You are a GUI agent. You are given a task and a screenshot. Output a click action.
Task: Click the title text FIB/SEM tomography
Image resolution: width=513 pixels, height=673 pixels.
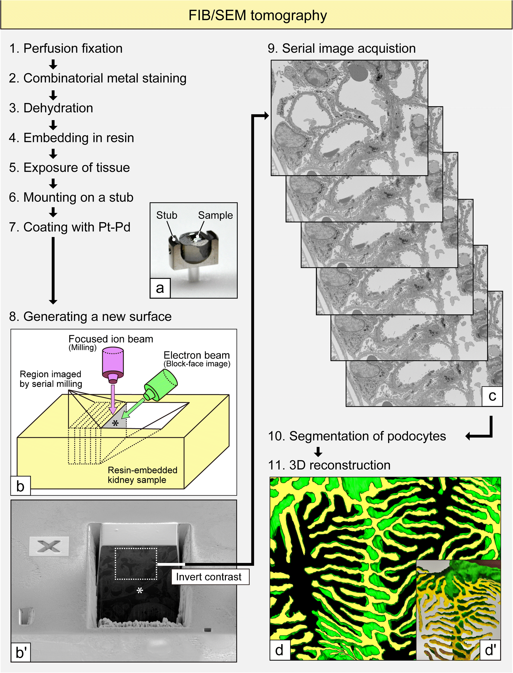click(257, 15)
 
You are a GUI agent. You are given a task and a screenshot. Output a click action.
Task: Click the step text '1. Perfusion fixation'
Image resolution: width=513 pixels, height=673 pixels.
click(66, 48)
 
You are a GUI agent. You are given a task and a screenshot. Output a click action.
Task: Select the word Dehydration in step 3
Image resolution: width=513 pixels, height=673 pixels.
click(58, 108)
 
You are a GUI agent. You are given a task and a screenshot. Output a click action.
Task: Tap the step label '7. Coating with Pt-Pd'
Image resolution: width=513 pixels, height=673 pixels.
click(70, 227)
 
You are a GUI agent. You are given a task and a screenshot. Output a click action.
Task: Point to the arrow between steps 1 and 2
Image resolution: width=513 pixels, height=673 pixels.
click(53, 64)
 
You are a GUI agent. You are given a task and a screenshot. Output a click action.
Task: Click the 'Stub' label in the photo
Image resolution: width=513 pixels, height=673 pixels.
click(167, 215)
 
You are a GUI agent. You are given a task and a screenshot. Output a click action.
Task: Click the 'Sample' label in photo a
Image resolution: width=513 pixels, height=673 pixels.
click(215, 215)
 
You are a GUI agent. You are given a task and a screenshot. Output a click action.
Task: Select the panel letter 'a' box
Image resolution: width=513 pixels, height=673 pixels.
click(160, 288)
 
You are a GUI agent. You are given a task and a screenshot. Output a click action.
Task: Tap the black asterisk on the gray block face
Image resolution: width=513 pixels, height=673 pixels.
click(115, 423)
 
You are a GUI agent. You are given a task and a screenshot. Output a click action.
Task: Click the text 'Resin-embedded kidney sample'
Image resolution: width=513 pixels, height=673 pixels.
click(142, 475)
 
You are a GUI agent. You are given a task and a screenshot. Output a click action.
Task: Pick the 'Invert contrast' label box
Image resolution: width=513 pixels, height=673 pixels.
click(210, 577)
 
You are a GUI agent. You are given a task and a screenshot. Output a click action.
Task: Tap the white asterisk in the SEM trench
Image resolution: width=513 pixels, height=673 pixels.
click(140, 591)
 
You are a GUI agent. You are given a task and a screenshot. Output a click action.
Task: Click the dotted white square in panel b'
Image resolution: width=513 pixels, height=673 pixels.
click(136, 563)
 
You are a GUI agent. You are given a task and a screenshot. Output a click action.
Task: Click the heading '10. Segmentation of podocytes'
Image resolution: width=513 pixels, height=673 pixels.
click(357, 436)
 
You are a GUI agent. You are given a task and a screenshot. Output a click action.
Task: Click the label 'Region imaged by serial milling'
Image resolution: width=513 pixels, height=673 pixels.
click(51, 379)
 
